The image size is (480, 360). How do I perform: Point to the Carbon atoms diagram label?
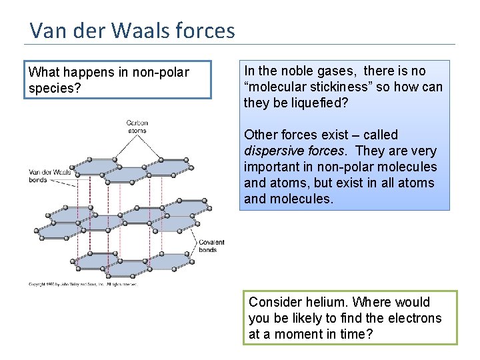point(137,127)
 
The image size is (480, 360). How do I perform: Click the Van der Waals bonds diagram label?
point(50,176)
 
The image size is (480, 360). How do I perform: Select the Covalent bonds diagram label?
point(211,246)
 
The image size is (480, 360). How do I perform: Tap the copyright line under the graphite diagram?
point(83,284)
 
